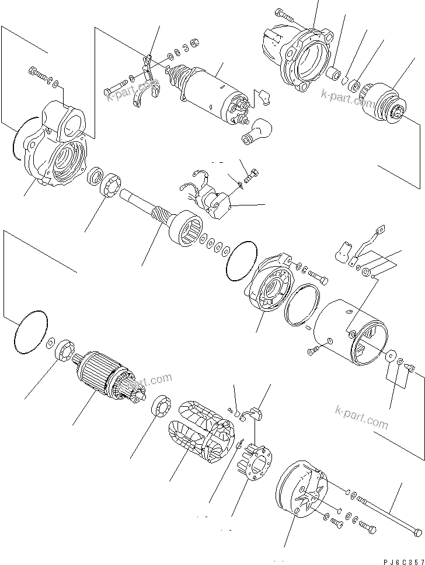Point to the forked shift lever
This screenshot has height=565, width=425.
click(147, 79)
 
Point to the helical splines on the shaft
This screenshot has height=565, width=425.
click(164, 218)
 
